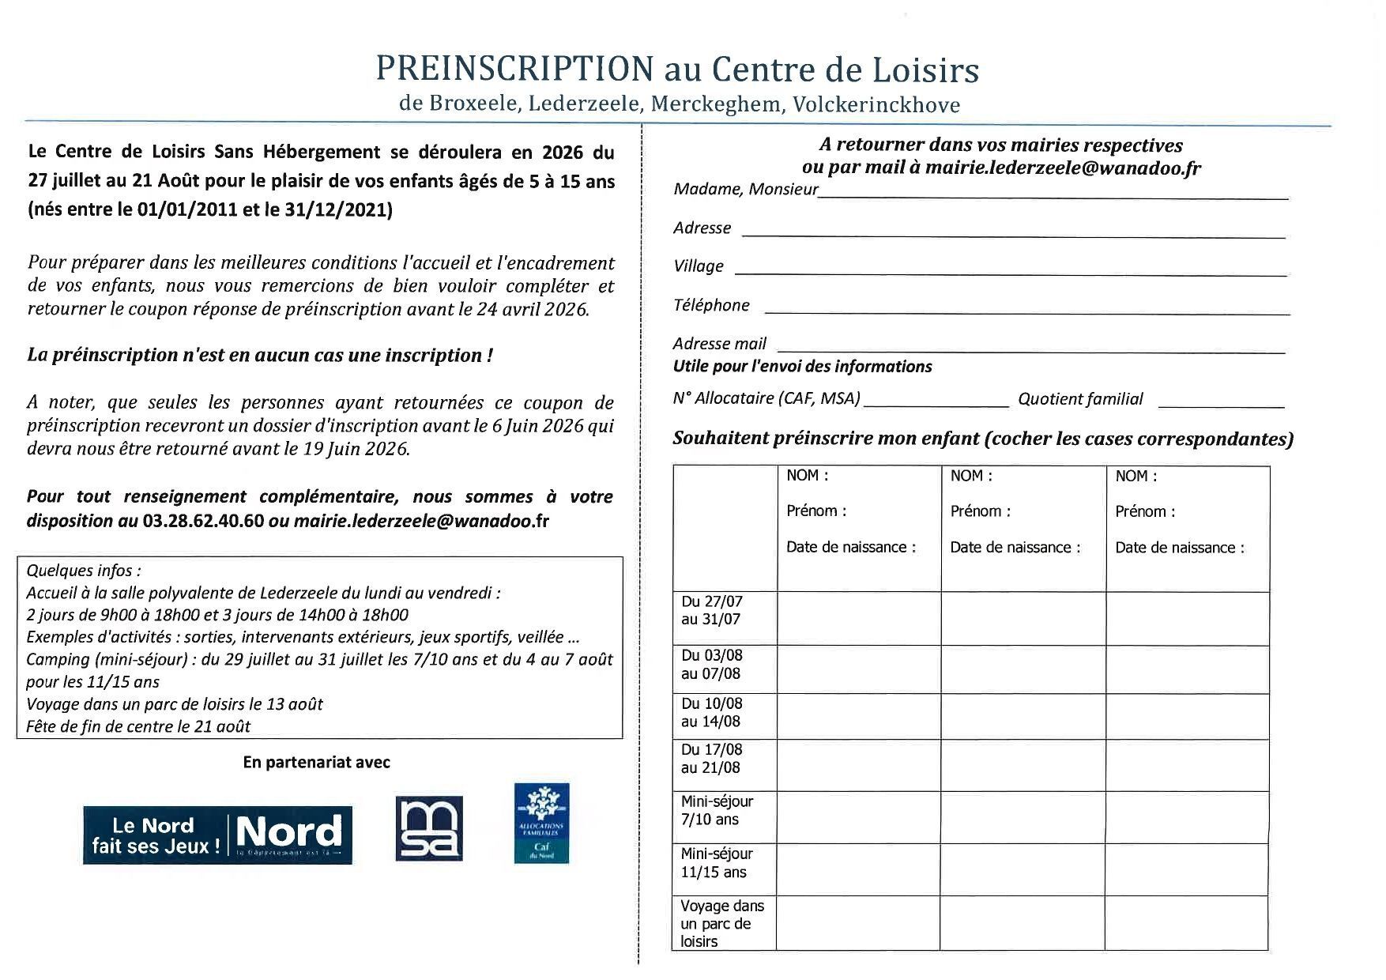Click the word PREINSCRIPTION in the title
(x=514, y=69)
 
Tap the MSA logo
(x=428, y=828)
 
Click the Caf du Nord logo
(x=541, y=823)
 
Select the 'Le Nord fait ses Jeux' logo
(x=217, y=835)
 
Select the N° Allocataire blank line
(x=936, y=405)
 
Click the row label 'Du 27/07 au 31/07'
(x=712, y=611)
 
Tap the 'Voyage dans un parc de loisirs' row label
(x=721, y=923)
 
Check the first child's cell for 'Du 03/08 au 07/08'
(x=859, y=669)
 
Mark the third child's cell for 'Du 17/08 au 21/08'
(x=1187, y=764)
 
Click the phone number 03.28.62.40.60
(x=203, y=522)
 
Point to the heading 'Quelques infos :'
(x=84, y=571)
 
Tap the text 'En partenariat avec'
(x=316, y=763)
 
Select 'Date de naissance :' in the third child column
(x=1179, y=548)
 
